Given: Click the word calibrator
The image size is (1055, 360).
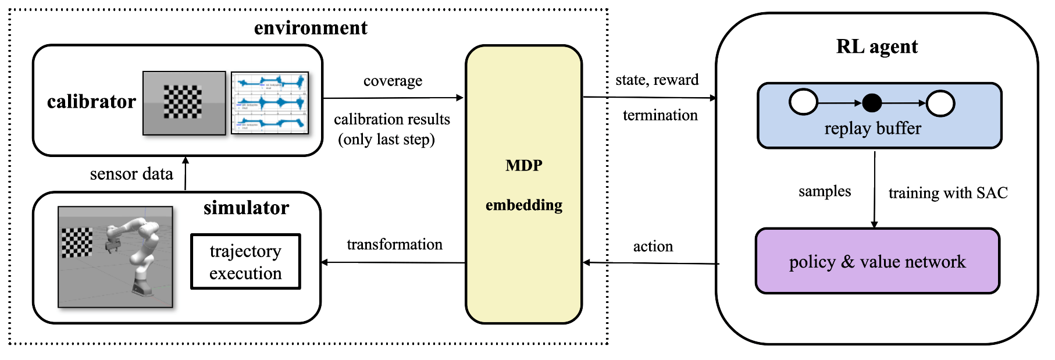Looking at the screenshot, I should tap(91, 102).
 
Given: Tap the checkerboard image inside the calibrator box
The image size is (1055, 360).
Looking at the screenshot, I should tap(184, 103).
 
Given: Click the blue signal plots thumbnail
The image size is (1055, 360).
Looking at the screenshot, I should tap(270, 103).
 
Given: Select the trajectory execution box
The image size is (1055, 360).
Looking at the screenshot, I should tap(245, 262).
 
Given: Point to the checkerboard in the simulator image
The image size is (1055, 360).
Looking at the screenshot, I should tap(77, 243).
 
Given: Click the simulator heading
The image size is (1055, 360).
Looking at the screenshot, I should tap(246, 208).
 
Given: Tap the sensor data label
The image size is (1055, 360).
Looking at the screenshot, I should tap(131, 174).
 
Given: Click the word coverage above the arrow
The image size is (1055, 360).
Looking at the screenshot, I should tap(393, 81).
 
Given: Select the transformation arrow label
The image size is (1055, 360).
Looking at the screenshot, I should tap(394, 244).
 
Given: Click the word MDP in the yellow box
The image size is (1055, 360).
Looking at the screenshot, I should tap(523, 166).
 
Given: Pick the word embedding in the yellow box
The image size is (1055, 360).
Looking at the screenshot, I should tap(523, 205).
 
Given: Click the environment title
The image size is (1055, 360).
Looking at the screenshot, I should tap(311, 28).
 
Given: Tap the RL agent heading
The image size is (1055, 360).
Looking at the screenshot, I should tap(876, 47).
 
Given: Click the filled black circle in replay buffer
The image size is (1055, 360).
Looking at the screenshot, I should tap(871, 103).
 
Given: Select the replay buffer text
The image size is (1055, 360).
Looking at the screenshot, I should tap(872, 129).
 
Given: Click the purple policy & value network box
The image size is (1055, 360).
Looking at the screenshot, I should tap(877, 261).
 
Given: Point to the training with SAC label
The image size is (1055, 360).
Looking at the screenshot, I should tap(948, 193).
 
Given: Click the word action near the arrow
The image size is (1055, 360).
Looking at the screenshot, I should tap(653, 247).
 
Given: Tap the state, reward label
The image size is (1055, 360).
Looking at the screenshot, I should tap(657, 80).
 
